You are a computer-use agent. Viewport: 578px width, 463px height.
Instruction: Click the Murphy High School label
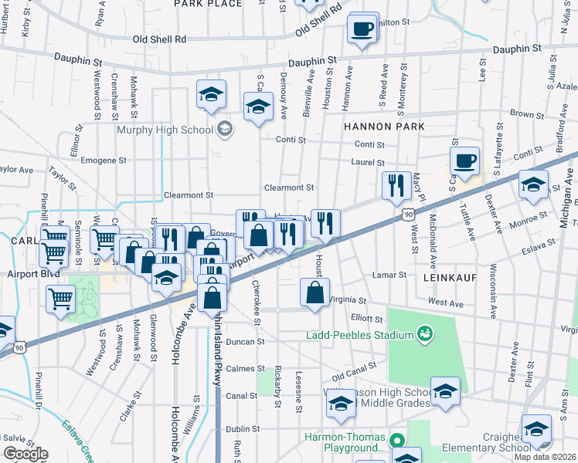164,129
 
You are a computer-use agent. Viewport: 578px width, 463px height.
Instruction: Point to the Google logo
25,454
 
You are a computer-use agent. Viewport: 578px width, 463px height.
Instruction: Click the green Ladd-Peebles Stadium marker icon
423,334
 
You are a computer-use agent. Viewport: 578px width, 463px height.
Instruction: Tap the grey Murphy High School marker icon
225,128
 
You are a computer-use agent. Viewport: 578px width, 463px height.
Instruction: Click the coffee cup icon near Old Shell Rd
362,30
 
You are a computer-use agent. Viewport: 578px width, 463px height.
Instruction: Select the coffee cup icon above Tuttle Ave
464,161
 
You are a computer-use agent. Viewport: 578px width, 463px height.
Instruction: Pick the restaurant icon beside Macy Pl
395,185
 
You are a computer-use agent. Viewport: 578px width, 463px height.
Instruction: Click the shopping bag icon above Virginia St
314,292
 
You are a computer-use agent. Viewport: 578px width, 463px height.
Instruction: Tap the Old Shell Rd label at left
159,39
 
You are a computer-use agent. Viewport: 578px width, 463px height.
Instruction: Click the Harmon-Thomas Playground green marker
397,441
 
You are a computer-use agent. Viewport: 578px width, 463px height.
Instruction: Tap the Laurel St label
369,163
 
